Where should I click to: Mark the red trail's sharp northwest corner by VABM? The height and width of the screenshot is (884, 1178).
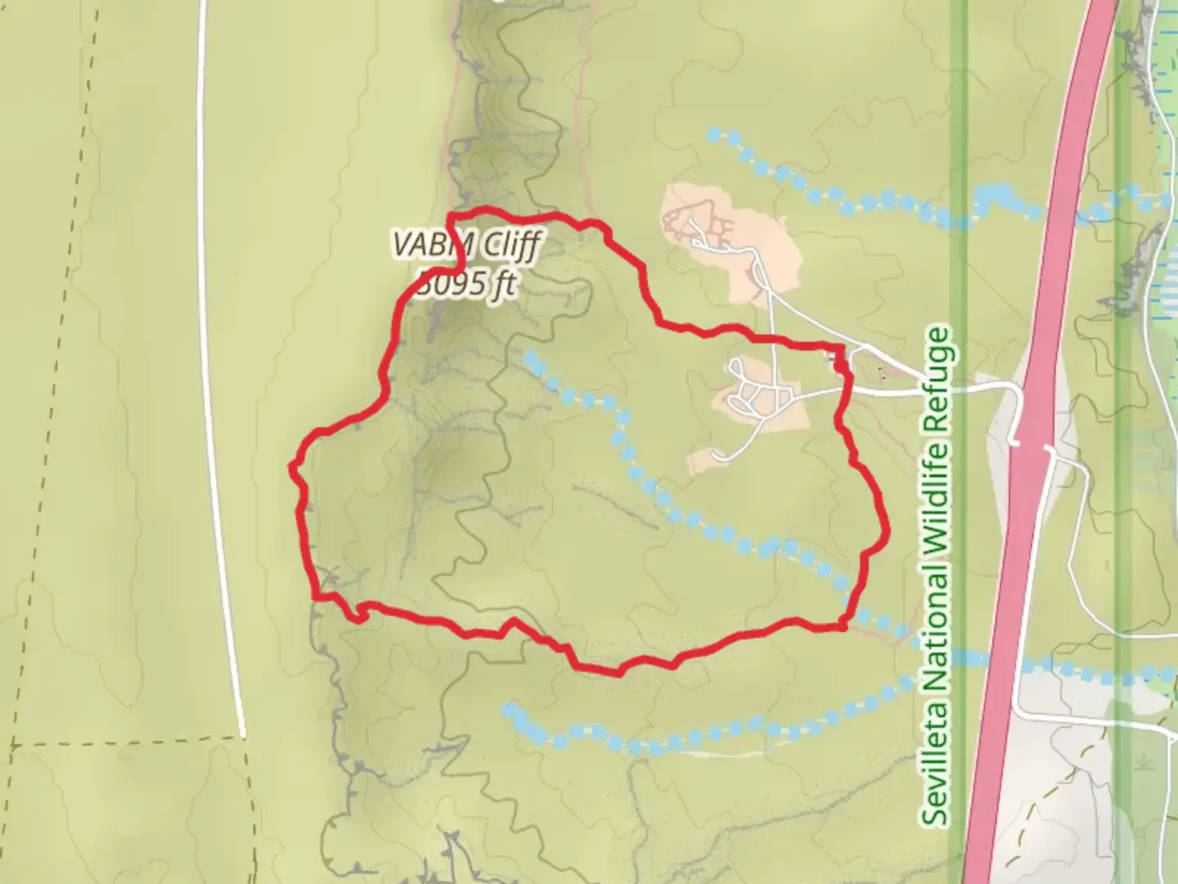coord(449,216)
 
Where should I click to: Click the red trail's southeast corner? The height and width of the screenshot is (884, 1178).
coord(845,626)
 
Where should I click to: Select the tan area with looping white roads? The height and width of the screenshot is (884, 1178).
coord(761,397)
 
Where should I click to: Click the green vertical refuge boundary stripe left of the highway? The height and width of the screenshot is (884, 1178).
coord(959,246)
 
